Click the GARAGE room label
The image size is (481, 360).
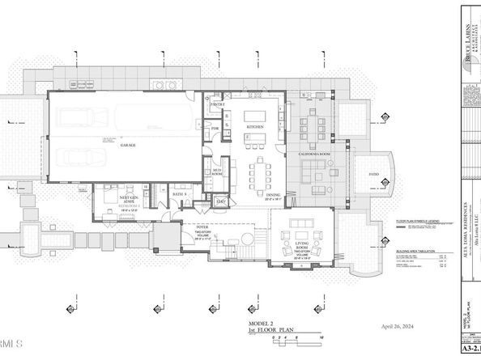pyautogui.click(x=128, y=146)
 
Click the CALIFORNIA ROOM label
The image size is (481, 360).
pyautogui.click(x=313, y=154)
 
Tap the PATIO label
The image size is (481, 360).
pyautogui.click(x=374, y=174)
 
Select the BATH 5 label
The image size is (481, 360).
pyautogui.click(x=179, y=194)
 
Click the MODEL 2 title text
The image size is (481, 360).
pyautogui.click(x=262, y=323)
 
